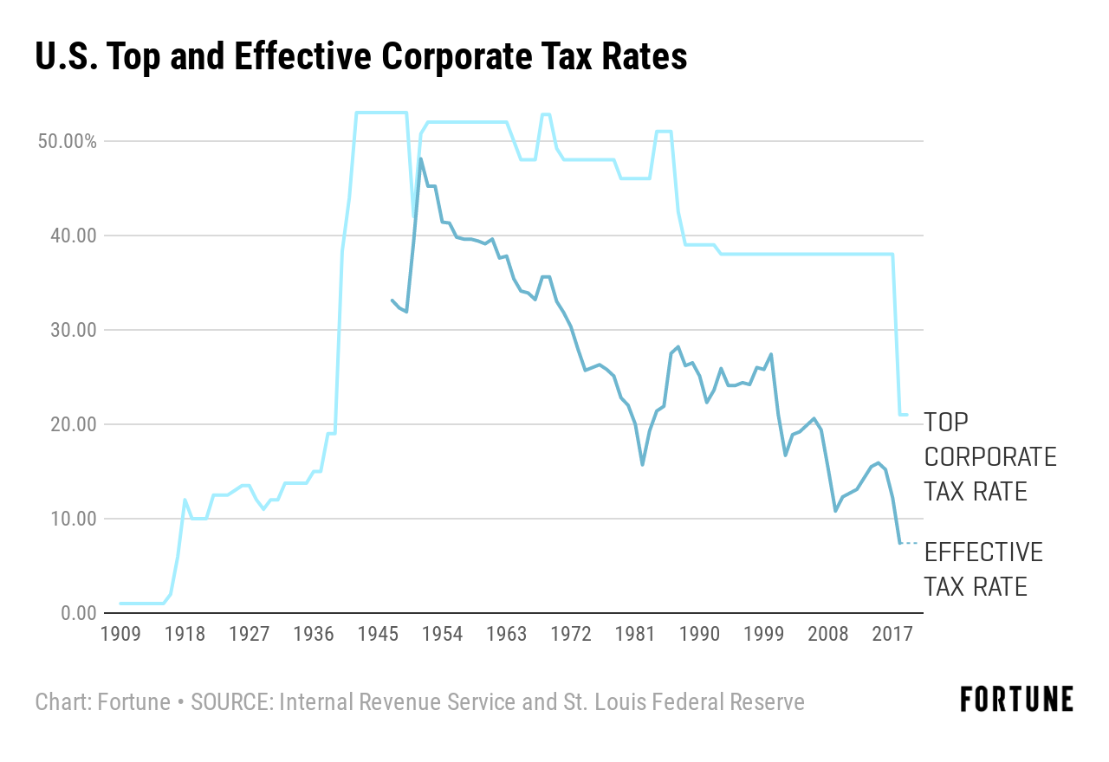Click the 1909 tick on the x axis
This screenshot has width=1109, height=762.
[x=120, y=634]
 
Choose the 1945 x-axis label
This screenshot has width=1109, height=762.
[x=378, y=634]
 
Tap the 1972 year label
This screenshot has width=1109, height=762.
[x=571, y=634]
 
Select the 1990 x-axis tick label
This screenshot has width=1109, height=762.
[x=699, y=634]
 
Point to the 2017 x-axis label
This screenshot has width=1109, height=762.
[x=892, y=634]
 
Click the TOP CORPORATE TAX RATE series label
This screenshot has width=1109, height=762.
[x=989, y=456]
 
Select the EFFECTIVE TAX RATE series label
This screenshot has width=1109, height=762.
[x=983, y=569]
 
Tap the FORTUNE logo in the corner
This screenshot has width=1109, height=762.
[x=1016, y=699]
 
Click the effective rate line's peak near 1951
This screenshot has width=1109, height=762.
[x=421, y=158]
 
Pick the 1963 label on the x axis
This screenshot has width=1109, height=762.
[x=506, y=634]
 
